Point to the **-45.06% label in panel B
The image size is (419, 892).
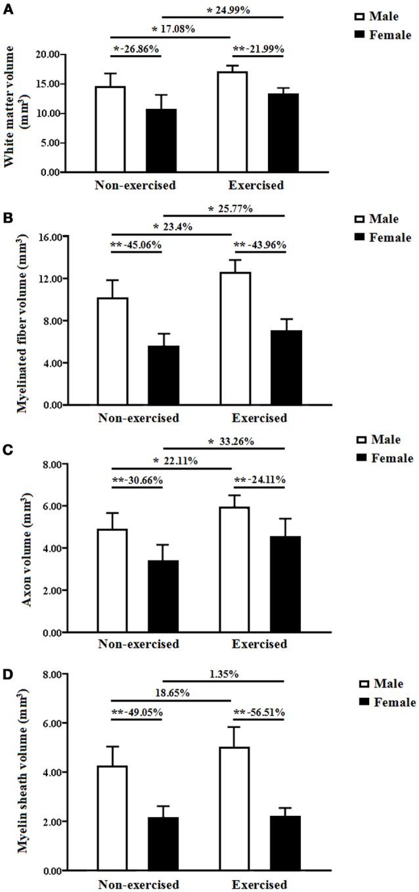click(135, 245)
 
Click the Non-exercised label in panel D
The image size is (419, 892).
click(138, 884)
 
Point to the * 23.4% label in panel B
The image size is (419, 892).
click(172, 227)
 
